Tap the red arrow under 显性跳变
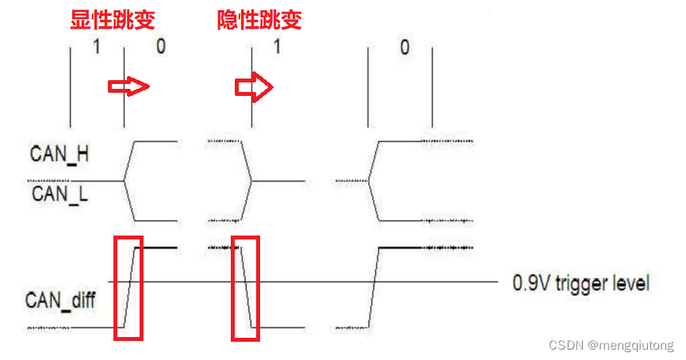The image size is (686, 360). pyautogui.click(x=128, y=87)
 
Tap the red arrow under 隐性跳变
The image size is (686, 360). pyautogui.click(x=253, y=87)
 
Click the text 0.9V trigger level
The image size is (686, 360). pyautogui.click(x=581, y=282)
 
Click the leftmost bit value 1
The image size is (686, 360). pyautogui.click(x=96, y=47)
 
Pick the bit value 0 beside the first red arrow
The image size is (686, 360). pyautogui.click(x=161, y=47)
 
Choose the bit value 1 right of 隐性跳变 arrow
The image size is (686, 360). pyautogui.click(x=277, y=47)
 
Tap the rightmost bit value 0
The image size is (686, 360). pyautogui.click(x=404, y=47)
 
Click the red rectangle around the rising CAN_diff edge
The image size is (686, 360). pyautogui.click(x=128, y=288)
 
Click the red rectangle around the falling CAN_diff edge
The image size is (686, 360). pyautogui.click(x=245, y=288)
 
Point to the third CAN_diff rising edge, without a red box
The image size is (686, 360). pyautogui.click(x=375, y=285)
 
